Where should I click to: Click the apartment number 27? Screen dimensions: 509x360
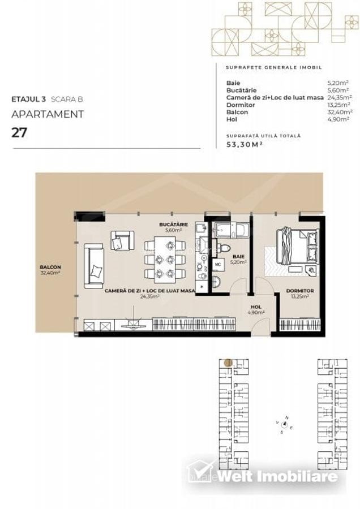click(x=19, y=133)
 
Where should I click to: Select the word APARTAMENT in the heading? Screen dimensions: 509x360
click(x=48, y=114)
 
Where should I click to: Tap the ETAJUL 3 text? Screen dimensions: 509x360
click(x=28, y=99)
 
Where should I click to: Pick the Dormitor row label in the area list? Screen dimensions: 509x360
click(x=240, y=105)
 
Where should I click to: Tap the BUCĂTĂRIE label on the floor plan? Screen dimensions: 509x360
click(x=173, y=224)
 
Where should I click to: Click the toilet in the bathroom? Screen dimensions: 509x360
click(x=224, y=248)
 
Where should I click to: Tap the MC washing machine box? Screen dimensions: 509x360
click(x=218, y=264)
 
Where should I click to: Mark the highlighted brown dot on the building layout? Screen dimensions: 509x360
click(x=228, y=363)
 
